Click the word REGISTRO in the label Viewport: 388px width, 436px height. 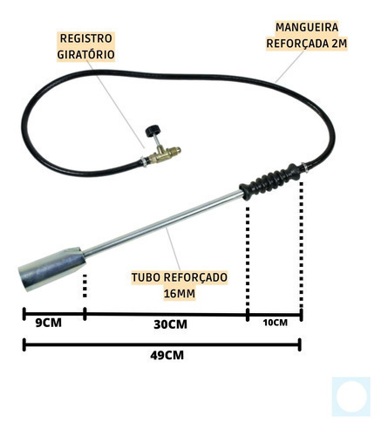coord(86,38)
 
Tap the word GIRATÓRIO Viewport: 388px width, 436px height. coord(86,54)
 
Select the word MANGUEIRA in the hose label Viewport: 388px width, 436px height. coord(307,27)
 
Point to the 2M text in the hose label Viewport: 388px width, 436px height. coord(339,44)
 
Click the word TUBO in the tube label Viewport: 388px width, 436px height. coord(146,277)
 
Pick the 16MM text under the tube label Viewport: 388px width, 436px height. coord(180,294)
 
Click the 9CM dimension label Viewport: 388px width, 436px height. coord(49,323)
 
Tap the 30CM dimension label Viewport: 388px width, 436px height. coord(170,324)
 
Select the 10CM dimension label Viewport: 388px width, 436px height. coord(276,323)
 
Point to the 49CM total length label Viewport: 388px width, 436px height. coord(167,356)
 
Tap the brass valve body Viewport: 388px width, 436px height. coord(164,154)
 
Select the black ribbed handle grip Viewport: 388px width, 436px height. coord(269,181)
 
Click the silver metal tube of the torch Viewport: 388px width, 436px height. coord(163,223)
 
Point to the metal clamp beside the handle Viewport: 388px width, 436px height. coord(305,167)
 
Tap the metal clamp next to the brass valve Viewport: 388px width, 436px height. coord(144,161)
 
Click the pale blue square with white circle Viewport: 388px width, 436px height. coord(351,397)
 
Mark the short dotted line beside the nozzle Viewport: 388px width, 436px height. coord(85,286)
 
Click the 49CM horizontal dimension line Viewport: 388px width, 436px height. coord(162,344)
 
